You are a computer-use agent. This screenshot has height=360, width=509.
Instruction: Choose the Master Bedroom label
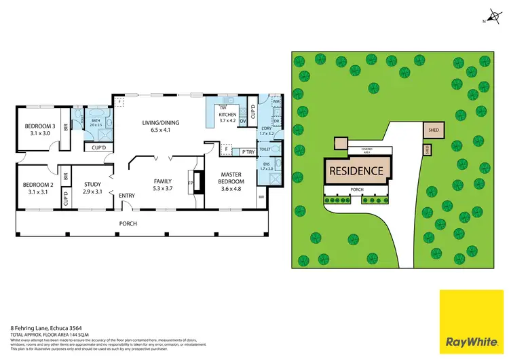(x=231, y=179)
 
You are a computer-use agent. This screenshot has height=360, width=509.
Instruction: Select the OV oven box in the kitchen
(x=242, y=123)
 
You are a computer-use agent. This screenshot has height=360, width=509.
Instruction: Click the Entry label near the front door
(x=127, y=196)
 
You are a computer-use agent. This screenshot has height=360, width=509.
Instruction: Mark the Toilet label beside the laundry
(x=265, y=148)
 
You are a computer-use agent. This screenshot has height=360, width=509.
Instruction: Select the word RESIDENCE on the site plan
(x=357, y=171)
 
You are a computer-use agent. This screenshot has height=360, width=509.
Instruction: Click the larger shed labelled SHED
(x=432, y=129)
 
